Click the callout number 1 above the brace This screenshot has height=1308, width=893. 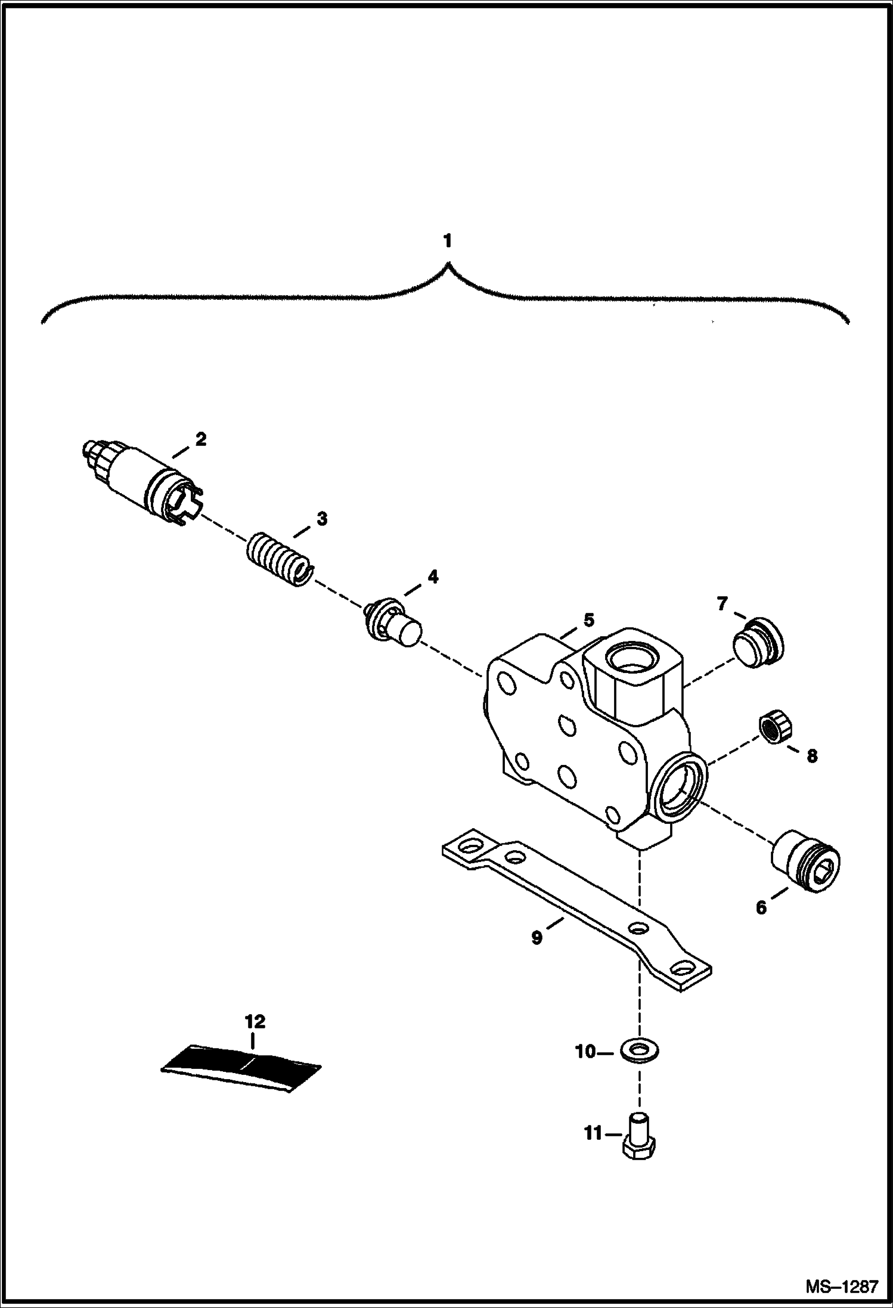(447, 241)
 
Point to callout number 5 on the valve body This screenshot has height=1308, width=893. (589, 620)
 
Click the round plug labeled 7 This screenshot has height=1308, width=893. (757, 643)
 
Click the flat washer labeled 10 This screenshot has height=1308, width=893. (640, 1050)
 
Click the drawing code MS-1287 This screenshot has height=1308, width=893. (842, 1286)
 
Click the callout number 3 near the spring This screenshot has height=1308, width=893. (322, 519)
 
